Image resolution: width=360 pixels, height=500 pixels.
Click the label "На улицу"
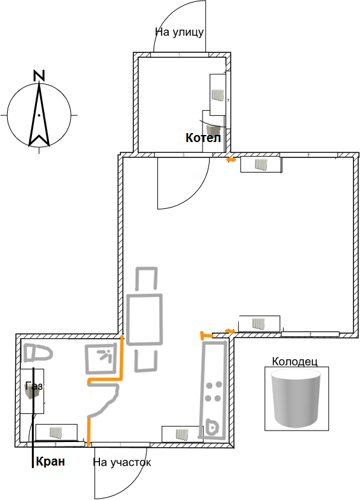pyautogui.click(x=179, y=32)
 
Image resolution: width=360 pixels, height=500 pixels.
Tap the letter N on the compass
pyautogui.click(x=39, y=76)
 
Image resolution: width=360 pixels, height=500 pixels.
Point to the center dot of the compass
pyautogui.click(x=39, y=115)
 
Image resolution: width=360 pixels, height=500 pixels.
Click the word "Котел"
pyautogui.click(x=203, y=138)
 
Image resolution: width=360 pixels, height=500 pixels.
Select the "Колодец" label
pyautogui.click(x=294, y=362)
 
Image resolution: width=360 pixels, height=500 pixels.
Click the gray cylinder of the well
pyautogui.click(x=295, y=399)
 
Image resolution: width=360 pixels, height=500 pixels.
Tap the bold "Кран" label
pyautogui.click(x=50, y=461)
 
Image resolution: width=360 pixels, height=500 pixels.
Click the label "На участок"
pyautogui.click(x=122, y=462)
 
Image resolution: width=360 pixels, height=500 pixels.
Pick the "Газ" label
pyautogui.click(x=34, y=386)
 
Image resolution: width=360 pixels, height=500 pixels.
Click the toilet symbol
pyautogui.click(x=38, y=354)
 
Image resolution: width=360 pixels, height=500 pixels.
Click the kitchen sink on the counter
pyautogui.click(x=212, y=426)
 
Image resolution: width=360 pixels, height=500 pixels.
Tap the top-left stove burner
pyautogui.click(x=210, y=385)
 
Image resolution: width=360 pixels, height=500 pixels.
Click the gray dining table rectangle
pyautogui.click(x=145, y=320)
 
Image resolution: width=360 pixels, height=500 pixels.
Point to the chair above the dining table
pyautogui.click(x=147, y=278)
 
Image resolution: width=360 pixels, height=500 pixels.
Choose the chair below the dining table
pyautogui.click(x=147, y=361)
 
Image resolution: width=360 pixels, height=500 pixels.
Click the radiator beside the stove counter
pyautogui.click(x=182, y=434)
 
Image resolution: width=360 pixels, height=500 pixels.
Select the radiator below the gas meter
pyautogui.click(x=56, y=432)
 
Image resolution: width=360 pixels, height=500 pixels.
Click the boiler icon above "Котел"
pyautogui.click(x=213, y=130)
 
